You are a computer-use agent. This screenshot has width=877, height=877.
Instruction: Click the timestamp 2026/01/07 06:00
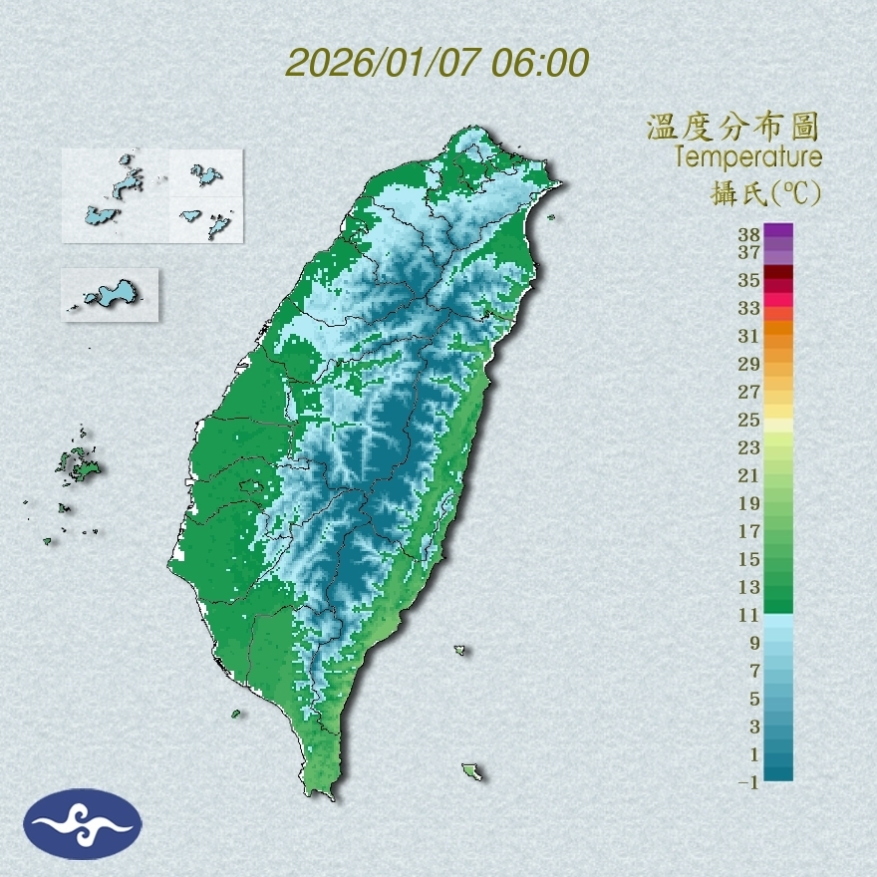[438, 63]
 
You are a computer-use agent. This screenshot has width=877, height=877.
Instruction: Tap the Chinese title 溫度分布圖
[732, 128]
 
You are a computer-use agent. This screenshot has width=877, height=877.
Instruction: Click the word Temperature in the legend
[747, 157]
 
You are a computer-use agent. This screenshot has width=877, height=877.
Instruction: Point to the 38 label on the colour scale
[749, 235]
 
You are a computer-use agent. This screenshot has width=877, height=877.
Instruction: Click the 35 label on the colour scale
[749, 281]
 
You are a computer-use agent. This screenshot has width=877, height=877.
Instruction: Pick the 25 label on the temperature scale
[749, 420]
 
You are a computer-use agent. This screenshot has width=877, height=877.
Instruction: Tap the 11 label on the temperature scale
[749, 616]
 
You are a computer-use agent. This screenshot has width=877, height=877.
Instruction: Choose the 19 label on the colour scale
[749, 503]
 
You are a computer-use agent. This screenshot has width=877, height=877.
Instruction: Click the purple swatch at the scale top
[779, 231]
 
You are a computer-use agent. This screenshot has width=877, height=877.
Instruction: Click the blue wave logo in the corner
[83, 823]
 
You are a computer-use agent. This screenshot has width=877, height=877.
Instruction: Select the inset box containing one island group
[110, 294]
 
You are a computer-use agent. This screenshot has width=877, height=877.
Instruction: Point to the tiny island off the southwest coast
[236, 714]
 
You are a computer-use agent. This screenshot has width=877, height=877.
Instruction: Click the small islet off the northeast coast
[551, 216]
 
